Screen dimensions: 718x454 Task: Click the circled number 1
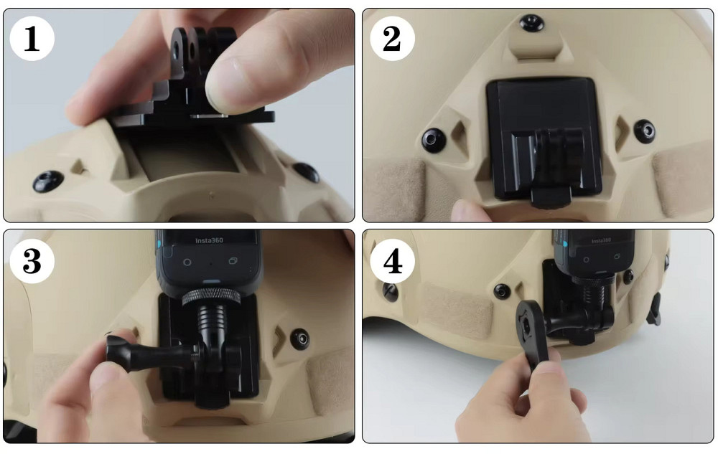pyautogui.click(x=32, y=39)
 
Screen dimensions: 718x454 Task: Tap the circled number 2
pyautogui.click(x=393, y=39)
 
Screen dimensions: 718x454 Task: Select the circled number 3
pyautogui.click(x=32, y=262)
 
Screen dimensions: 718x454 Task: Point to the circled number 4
pyautogui.click(x=393, y=262)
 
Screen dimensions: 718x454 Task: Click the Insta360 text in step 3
pyautogui.click(x=209, y=241)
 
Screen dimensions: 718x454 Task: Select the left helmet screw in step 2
pyautogui.click(x=433, y=139)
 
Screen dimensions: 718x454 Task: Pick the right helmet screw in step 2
pyautogui.click(x=645, y=131)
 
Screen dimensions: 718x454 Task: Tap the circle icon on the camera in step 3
pyautogui.click(x=187, y=263)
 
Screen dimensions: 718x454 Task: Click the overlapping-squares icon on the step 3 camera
pyautogui.click(x=233, y=261)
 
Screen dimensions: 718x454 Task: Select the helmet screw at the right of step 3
pyautogui.click(x=300, y=339)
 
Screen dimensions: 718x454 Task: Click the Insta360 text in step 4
pyautogui.click(x=601, y=240)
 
